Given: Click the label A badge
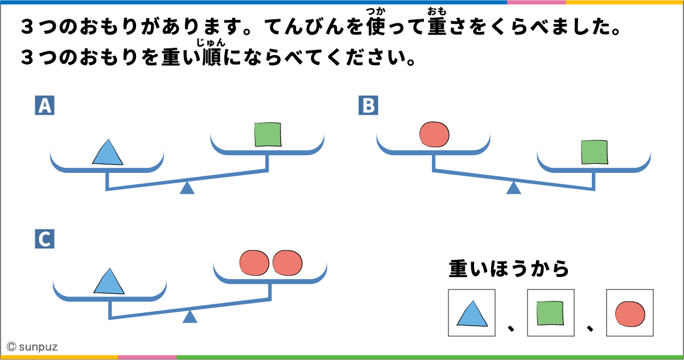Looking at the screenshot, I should pyautogui.click(x=44, y=106).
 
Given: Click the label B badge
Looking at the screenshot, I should pyautogui.click(x=368, y=106).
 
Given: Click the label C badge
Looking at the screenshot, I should pyautogui.click(x=44, y=239).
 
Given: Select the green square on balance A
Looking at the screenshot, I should pyautogui.click(x=267, y=135).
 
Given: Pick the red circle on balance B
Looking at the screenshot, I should pyautogui.click(x=434, y=134).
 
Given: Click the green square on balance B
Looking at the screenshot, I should pyautogui.click(x=594, y=152).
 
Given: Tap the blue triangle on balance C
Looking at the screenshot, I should pyautogui.click(x=109, y=282).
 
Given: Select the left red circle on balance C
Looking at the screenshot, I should pyautogui.click(x=254, y=263).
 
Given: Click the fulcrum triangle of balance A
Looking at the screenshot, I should pyautogui.click(x=187, y=188).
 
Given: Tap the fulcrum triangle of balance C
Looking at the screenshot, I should pyautogui.click(x=190, y=317).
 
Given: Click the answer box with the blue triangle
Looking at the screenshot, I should pyautogui.click(x=471, y=313).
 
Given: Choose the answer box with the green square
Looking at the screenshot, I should pyautogui.click(x=550, y=313).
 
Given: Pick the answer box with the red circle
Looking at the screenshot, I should pyautogui.click(x=629, y=313).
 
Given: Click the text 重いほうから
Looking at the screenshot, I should pyautogui.click(x=509, y=269).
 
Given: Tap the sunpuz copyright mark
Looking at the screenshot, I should pyautogui.click(x=32, y=346).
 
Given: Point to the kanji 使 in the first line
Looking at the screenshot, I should pyautogui.click(x=376, y=27).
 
